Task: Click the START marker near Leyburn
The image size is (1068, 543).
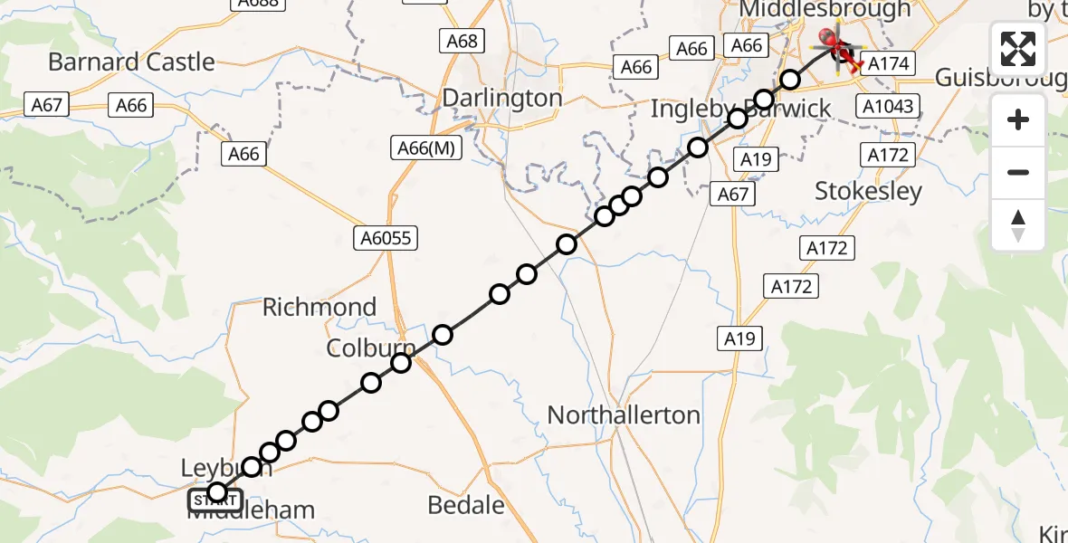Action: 215,499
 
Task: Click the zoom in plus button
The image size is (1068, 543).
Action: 1018,119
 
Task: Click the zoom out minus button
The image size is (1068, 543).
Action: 1018,172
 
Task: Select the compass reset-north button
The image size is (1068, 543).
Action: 1018,224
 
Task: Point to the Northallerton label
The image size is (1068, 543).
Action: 624,415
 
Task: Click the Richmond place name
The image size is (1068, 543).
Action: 319,307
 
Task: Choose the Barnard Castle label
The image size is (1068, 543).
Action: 131,62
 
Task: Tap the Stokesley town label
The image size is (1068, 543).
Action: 868,191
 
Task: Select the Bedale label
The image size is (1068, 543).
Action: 465,505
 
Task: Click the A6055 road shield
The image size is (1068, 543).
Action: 386,238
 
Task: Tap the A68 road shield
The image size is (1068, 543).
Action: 461,41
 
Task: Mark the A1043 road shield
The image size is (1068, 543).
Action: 888,107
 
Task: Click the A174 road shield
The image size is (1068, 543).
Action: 889,62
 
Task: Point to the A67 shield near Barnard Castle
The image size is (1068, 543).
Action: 46,105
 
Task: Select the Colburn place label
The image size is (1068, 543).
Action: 371,348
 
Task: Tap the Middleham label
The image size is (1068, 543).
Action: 251,510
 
